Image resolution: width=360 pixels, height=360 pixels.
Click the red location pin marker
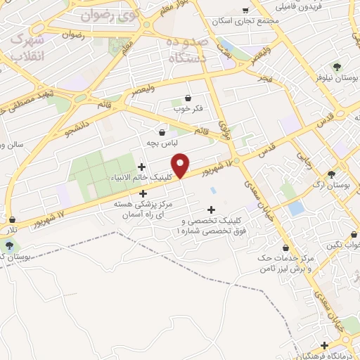tap(181, 165)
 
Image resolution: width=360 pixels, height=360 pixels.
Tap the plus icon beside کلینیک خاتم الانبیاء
tap(143, 167)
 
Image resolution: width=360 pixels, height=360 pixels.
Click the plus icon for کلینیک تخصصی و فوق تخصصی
tap(211, 209)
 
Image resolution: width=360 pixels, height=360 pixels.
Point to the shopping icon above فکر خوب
tap(188, 98)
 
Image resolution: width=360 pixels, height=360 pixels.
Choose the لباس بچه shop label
tap(162, 143)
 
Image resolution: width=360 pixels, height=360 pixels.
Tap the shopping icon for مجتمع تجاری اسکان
tap(245, 10)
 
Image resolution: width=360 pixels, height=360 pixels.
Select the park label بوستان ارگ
tap(333, 186)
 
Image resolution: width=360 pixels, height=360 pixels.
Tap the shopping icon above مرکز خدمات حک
tap(285, 247)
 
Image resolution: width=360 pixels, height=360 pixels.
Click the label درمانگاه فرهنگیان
tap(323, 356)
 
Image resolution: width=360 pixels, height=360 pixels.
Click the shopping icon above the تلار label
tap(12, 220)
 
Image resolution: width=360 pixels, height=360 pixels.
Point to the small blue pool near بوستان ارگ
tap(296, 208)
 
